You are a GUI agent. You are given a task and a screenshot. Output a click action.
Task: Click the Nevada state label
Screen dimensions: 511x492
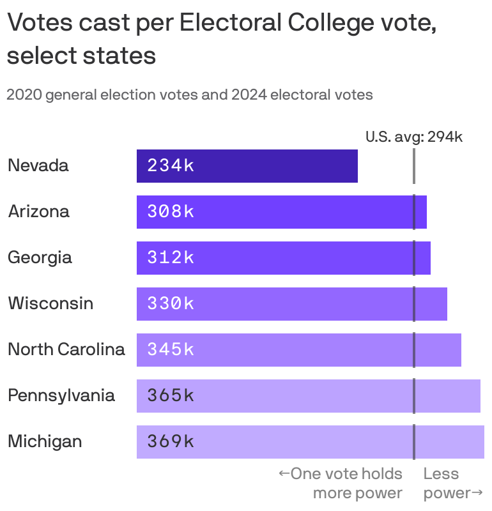point(38,166)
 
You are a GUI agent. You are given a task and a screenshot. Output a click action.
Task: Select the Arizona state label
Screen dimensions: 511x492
point(38,212)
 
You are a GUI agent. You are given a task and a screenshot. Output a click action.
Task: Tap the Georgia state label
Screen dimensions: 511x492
point(40,258)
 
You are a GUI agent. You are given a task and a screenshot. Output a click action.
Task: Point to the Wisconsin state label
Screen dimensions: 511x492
point(50,303)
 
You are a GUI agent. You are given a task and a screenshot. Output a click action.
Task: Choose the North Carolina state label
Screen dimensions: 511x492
point(66,349)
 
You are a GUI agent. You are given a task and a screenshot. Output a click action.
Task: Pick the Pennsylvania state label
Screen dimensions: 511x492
point(61,395)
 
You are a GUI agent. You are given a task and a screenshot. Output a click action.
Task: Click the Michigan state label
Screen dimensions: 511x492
point(45,441)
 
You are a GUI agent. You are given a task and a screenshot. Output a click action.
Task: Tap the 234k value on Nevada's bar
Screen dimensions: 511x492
point(171,166)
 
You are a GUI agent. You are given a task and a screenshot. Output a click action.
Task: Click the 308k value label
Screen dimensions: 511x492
point(171,212)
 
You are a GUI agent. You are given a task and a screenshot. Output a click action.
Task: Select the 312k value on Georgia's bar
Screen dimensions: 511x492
point(171,258)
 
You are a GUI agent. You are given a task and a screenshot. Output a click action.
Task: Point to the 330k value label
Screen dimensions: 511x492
point(171,303)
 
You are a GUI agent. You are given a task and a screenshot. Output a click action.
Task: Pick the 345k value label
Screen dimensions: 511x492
point(171,349)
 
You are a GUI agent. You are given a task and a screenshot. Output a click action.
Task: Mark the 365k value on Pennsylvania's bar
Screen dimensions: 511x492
point(171,395)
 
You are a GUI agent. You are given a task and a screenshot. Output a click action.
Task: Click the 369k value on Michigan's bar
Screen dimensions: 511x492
point(171,441)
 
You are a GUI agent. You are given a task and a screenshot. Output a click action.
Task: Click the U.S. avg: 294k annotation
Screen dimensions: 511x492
point(413,137)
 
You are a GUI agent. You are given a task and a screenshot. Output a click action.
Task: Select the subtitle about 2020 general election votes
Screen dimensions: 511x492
point(189,95)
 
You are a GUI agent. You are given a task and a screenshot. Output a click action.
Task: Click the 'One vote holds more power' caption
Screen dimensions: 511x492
point(342,483)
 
